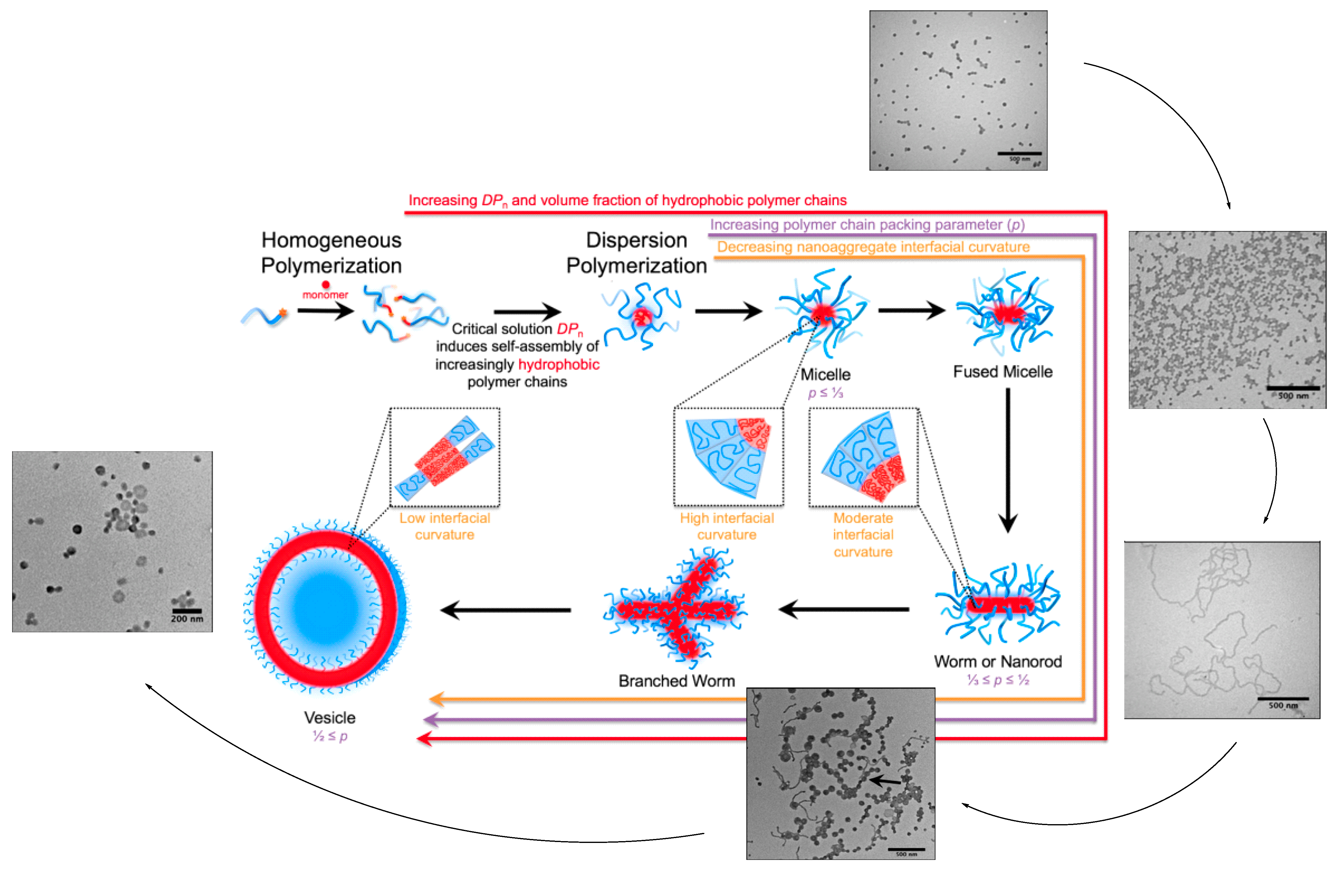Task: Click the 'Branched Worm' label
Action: click(x=676, y=681)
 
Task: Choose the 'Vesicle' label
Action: click(x=330, y=717)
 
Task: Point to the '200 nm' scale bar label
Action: click(x=187, y=618)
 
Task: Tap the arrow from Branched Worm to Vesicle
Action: click(x=505, y=610)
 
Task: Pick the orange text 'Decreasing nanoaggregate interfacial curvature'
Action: click(x=873, y=247)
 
